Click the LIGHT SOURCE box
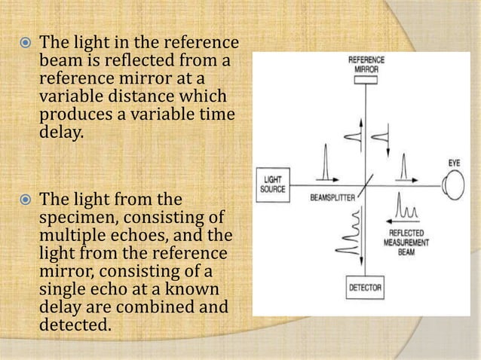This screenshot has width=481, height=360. tap(271, 184)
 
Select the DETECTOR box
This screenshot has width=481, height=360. tap(365, 288)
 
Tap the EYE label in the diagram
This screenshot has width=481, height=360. tap(453, 163)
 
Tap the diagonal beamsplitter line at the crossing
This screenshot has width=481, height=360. tap(365, 184)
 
